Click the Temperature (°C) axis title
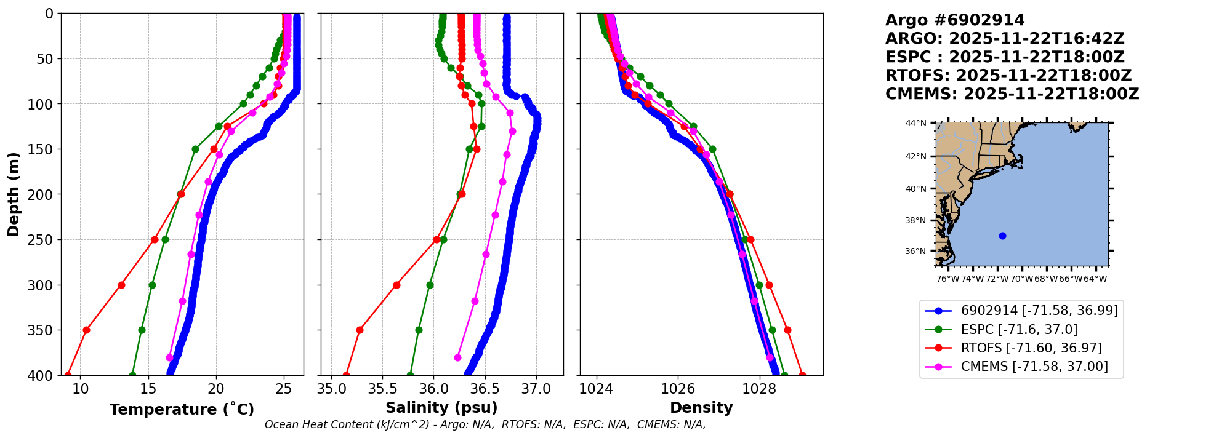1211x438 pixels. click(182, 409)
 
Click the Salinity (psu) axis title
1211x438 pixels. click(441, 408)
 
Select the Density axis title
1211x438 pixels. click(701, 408)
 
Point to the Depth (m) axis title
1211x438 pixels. click(14, 194)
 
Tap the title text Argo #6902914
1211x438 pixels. click(955, 20)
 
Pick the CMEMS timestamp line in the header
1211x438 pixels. click(1012, 94)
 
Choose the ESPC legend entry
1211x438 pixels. click(1019, 330)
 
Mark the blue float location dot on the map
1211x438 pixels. click(1002, 236)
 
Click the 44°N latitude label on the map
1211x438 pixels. click(915, 124)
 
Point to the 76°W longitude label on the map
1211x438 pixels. click(947, 279)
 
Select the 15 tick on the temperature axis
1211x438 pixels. click(148, 389)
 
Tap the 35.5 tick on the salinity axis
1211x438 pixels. click(382, 389)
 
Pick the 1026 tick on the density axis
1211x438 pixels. click(678, 389)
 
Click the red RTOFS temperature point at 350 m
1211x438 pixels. click(86, 330)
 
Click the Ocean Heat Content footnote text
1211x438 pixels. click(485, 424)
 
